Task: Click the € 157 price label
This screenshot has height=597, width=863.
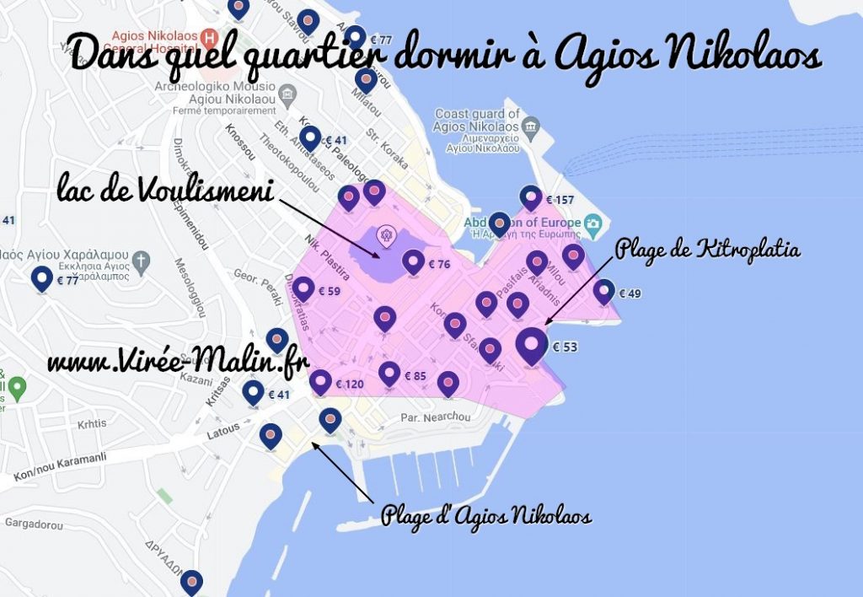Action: tap(560, 200)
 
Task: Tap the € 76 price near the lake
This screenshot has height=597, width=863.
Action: tap(439, 264)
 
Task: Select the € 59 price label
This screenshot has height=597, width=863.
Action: tap(329, 292)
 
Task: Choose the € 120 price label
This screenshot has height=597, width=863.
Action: tap(349, 385)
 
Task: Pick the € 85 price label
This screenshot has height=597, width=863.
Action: tap(415, 376)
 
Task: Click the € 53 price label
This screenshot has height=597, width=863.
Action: tap(565, 346)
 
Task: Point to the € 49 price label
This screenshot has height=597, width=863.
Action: tap(630, 293)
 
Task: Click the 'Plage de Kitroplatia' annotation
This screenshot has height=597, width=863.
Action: tap(708, 250)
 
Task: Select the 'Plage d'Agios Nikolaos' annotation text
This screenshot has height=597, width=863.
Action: tap(486, 515)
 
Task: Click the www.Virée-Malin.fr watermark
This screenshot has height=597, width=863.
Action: tap(178, 363)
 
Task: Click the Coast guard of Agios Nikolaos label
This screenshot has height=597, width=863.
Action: tap(477, 120)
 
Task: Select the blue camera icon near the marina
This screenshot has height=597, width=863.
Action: tap(593, 223)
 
